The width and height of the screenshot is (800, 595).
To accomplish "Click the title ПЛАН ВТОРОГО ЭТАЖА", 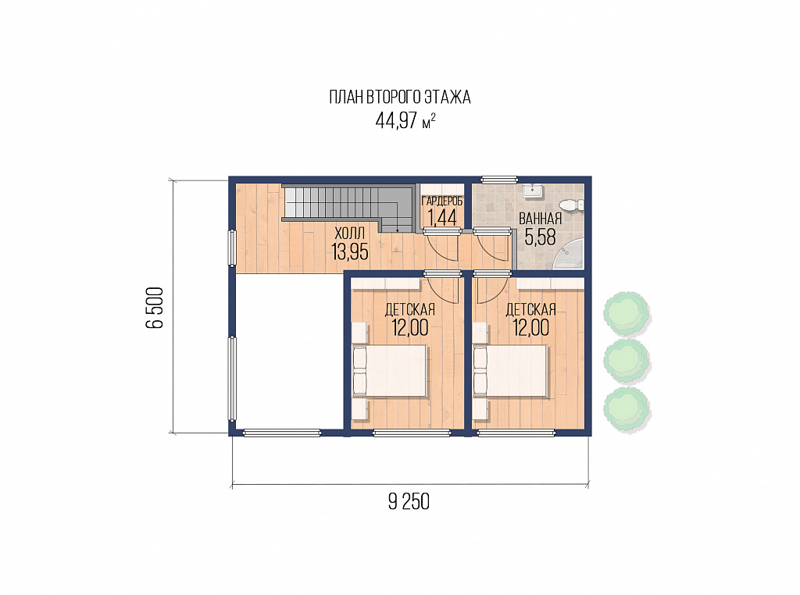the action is click(399, 97).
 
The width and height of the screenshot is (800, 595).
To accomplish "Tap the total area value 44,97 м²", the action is click(405, 121).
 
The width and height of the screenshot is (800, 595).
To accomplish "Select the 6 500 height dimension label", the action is click(155, 308).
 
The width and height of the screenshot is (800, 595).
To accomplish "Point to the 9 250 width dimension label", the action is click(409, 502).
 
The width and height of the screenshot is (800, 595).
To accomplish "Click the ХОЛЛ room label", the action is click(349, 234).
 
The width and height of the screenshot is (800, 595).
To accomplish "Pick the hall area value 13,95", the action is click(349, 251).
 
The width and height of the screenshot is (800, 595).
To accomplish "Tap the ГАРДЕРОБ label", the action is click(442, 201).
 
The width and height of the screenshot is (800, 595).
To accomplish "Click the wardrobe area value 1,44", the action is click(442, 218).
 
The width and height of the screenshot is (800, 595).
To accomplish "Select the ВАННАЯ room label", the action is click(541, 219).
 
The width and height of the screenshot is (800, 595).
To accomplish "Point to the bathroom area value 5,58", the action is click(541, 237).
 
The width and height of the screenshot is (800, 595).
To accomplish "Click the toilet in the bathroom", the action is click(571, 205).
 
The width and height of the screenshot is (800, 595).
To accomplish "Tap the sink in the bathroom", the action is click(533, 191).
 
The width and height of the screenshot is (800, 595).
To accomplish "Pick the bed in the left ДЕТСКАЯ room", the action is click(390, 371).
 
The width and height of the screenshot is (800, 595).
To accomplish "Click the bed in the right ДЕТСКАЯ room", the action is click(511, 371).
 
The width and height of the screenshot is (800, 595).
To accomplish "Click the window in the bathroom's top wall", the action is click(499, 179).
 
